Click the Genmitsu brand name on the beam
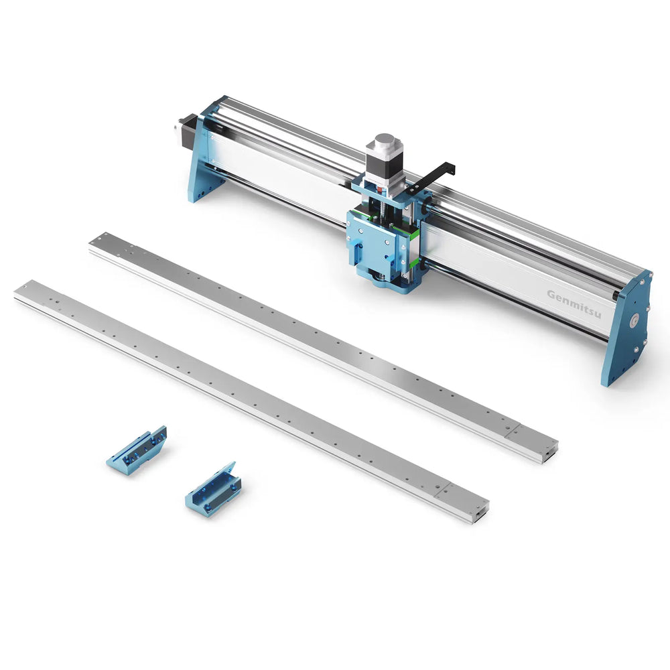coord(574,295)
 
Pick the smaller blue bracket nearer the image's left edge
coord(137,451)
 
